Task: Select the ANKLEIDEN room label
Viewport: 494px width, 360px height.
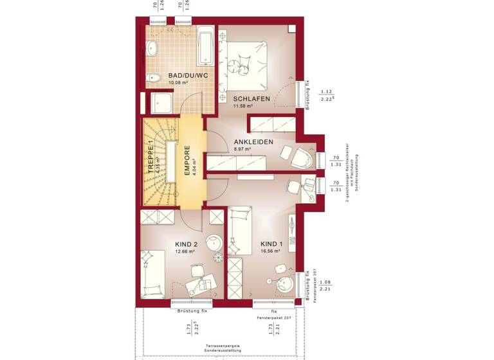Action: coord(253,141)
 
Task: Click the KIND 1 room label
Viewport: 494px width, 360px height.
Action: coord(271,244)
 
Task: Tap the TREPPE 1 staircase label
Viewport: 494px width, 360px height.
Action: coord(152,158)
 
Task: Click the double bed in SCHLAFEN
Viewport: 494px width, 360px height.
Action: coord(246,64)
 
